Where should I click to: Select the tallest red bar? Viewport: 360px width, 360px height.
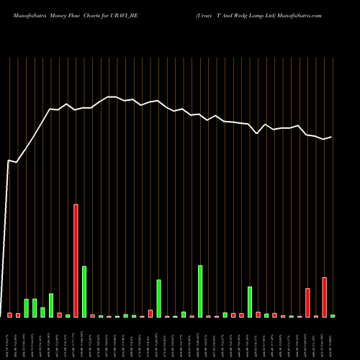coord(76,261)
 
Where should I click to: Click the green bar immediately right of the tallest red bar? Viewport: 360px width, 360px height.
coord(84,292)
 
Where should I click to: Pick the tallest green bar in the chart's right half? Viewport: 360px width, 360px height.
coord(200,291)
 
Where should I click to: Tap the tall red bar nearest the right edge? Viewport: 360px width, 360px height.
coord(325,297)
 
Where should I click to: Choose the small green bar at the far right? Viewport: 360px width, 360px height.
coord(333,316)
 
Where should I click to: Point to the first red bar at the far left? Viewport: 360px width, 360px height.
coord(10,315)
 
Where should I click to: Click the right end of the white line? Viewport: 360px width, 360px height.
coord(332,137)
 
